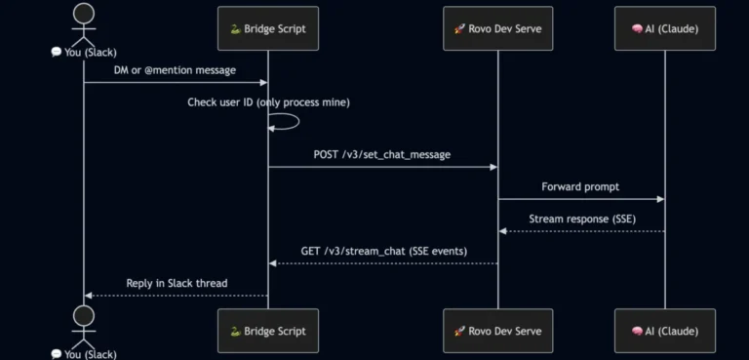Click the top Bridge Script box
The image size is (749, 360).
click(x=268, y=28)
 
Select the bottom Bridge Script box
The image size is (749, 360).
click(x=268, y=331)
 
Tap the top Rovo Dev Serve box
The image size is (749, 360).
click(x=497, y=28)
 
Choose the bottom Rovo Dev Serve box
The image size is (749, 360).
click(x=497, y=331)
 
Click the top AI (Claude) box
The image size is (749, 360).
click(x=665, y=28)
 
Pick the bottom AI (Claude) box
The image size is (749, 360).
click(x=665, y=331)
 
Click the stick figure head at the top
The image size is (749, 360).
click(x=84, y=13)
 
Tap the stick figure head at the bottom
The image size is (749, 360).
click(x=84, y=316)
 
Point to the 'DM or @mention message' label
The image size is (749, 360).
click(x=175, y=70)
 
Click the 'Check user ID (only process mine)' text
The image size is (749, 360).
click(x=268, y=102)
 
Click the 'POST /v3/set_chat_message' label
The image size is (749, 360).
click(x=382, y=155)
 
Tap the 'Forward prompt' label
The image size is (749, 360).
click(x=580, y=186)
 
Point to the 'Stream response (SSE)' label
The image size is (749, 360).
click(x=582, y=219)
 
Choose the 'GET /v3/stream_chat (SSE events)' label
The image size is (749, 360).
click(x=384, y=251)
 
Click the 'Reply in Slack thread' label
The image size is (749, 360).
click(x=177, y=283)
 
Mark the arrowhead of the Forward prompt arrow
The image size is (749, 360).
click(x=660, y=199)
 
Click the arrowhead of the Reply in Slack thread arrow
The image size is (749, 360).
click(x=88, y=296)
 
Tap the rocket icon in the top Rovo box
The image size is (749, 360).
click(x=459, y=28)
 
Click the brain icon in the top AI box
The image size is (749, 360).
click(x=637, y=28)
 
